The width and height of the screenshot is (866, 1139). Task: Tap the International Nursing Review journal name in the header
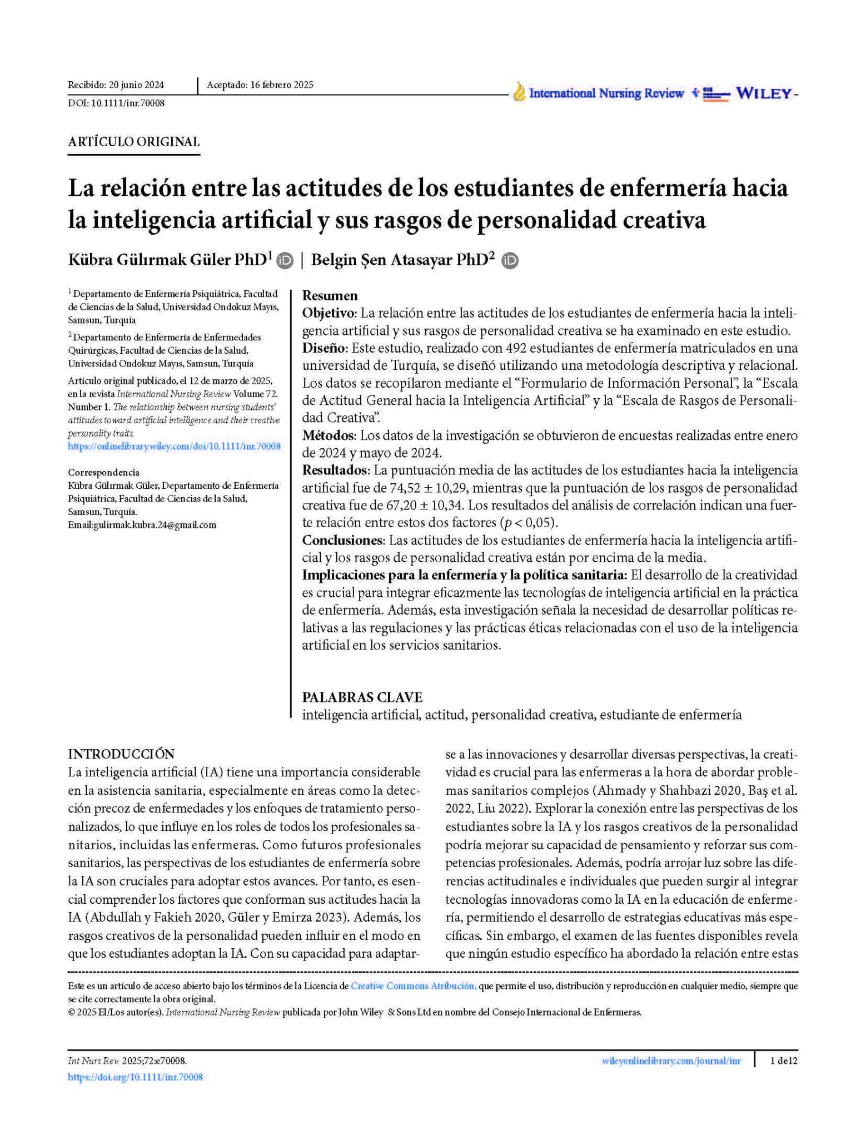tap(606, 93)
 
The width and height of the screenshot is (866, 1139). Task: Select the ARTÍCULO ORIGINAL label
tap(133, 142)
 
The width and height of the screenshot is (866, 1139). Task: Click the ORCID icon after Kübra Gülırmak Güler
tap(285, 260)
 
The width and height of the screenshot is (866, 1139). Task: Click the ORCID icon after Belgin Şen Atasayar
tap(510, 260)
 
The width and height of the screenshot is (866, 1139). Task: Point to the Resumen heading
tap(330, 295)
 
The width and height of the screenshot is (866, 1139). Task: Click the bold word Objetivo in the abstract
tap(329, 313)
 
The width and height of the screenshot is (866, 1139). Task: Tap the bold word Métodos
tap(328, 435)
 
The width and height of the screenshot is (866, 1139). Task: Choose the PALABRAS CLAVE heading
tap(362, 697)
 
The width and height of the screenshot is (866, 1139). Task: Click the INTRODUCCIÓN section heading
tap(121, 754)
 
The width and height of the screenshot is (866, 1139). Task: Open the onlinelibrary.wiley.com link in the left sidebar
tap(174, 446)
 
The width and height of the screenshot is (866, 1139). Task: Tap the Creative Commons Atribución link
tap(413, 986)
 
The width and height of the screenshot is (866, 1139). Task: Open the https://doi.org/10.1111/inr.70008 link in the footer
tap(135, 1077)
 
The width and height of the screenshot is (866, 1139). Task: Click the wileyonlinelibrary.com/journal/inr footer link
tap(671, 1061)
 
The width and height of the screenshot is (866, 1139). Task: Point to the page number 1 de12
tap(784, 1061)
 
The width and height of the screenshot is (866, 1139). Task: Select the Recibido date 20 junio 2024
tap(136, 85)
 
